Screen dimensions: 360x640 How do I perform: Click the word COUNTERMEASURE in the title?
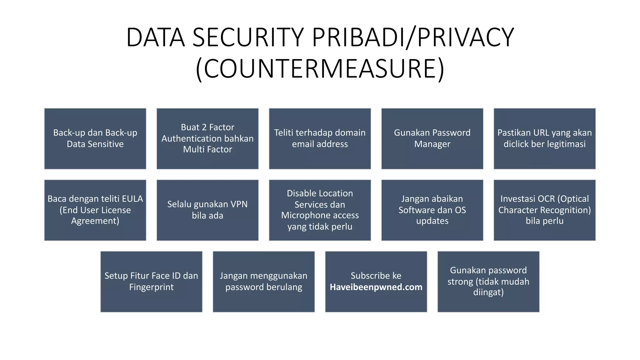[320, 68]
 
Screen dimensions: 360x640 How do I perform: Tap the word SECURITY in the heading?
[248, 37]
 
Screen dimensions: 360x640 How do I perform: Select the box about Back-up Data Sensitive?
[95, 138]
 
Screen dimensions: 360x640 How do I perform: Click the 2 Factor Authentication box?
[207, 138]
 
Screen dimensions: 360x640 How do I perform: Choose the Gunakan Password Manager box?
[432, 138]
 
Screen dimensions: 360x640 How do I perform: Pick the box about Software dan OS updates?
[432, 210]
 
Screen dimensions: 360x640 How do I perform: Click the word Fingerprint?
[151, 287]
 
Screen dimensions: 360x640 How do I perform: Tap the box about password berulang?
[263, 282]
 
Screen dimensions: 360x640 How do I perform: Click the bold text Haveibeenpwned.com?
[376, 287]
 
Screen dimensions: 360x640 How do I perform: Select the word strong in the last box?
[460, 282]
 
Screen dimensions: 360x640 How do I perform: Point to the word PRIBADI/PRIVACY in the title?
[413, 37]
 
